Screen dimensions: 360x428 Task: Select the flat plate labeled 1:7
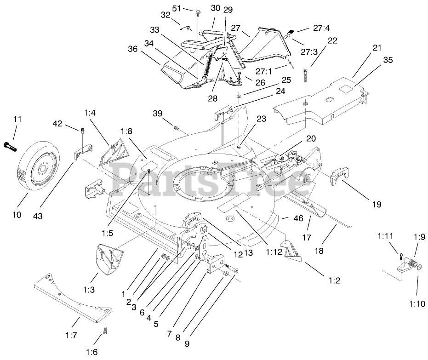pyautogui.click(x=74, y=298)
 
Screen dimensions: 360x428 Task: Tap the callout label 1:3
pyautogui.click(x=90, y=290)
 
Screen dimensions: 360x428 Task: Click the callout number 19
pyautogui.click(x=377, y=204)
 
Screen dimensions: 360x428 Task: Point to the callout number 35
pyautogui.click(x=388, y=60)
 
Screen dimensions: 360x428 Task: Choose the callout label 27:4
pyautogui.click(x=322, y=28)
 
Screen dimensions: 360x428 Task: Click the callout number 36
pyautogui.click(x=133, y=50)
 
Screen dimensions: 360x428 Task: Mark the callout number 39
pyautogui.click(x=158, y=114)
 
